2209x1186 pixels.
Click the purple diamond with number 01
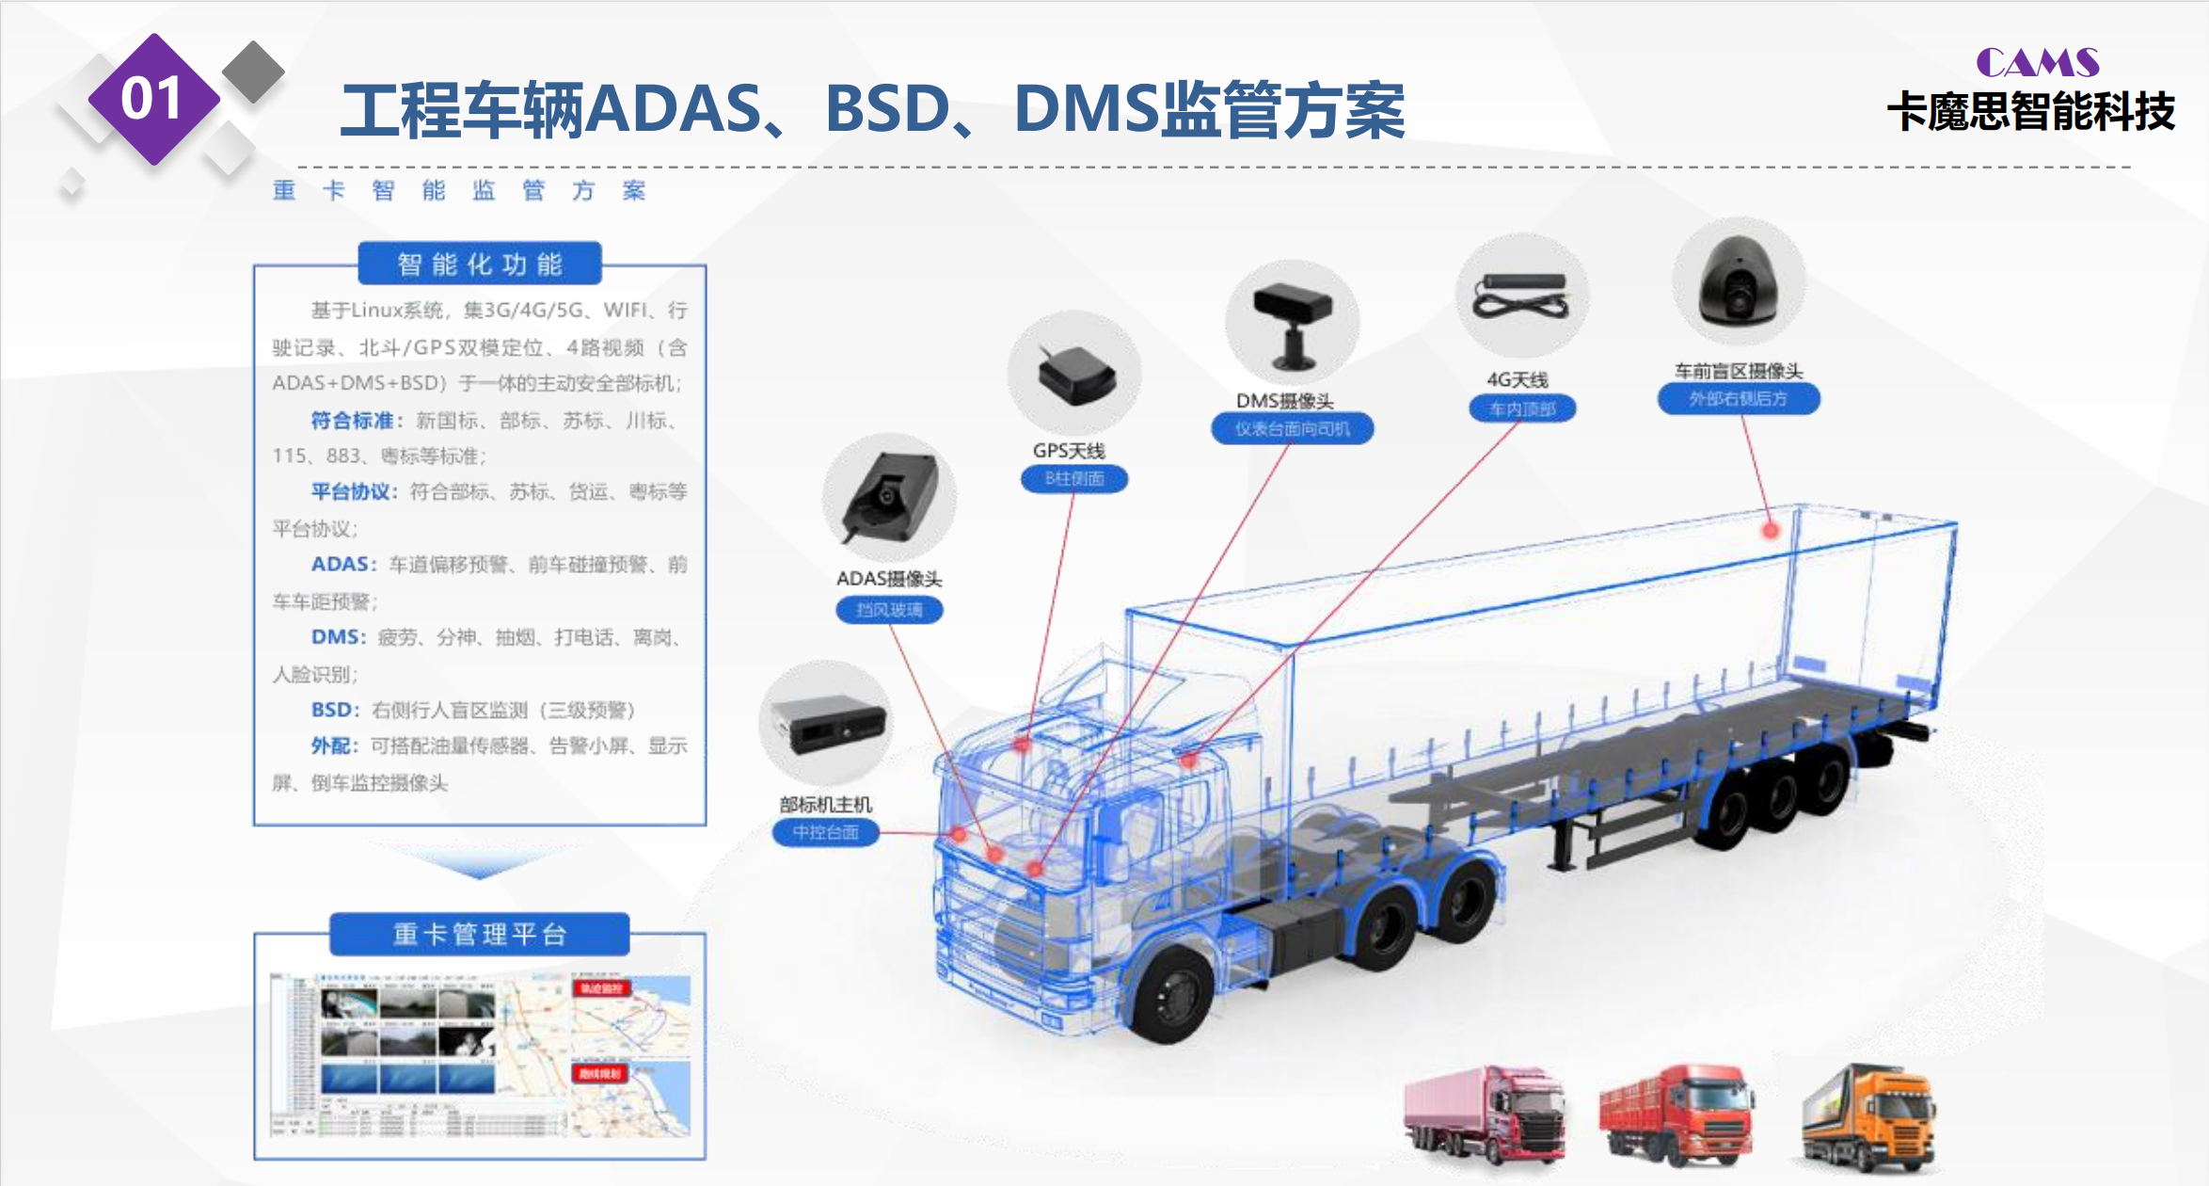click(153, 99)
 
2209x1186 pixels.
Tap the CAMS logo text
click(2037, 63)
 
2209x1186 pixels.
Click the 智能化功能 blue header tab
click(480, 264)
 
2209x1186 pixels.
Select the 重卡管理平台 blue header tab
click(480, 935)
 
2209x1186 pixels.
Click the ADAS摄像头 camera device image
click(889, 499)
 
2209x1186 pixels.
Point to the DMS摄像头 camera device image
click(1293, 325)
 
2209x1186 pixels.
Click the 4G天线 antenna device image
click(1521, 296)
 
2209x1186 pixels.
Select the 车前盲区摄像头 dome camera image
click(1738, 282)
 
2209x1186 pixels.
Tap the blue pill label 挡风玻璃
click(889, 610)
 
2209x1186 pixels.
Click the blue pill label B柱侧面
click(1074, 479)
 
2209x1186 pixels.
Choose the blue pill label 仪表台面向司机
click(1292, 429)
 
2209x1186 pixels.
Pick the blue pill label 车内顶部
click(1522, 409)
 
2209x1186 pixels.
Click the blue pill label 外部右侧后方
click(1738, 398)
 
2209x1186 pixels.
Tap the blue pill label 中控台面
click(825, 832)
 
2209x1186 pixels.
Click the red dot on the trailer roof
click(1771, 530)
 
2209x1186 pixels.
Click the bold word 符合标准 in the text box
click(352, 420)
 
